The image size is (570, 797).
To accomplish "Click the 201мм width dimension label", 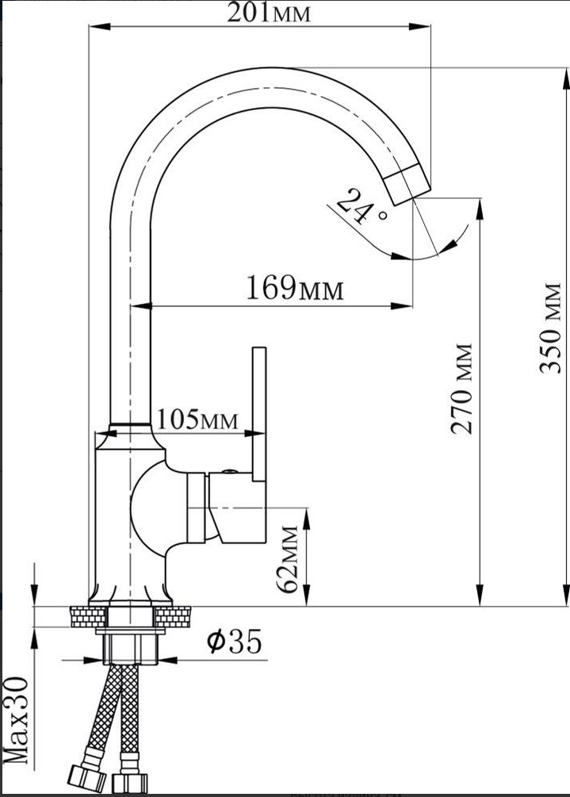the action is (x=268, y=12).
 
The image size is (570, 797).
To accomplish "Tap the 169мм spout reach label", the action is (x=295, y=288).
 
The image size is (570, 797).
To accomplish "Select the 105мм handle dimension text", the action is (x=197, y=420).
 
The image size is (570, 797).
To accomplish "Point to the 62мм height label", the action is (x=287, y=559).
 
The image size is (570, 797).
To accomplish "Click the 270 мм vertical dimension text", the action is (x=462, y=389).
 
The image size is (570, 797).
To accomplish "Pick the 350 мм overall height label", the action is (x=550, y=328).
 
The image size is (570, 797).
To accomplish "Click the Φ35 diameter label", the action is (x=234, y=641).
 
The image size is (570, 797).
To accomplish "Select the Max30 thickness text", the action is (x=16, y=720).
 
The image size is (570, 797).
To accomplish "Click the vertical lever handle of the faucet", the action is (x=259, y=414).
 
